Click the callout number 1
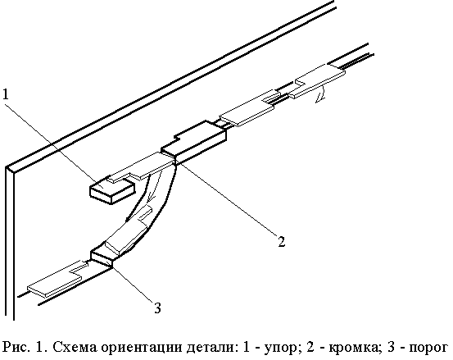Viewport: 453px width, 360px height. pyautogui.click(x=6, y=94)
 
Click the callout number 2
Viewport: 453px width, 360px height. pyautogui.click(x=282, y=241)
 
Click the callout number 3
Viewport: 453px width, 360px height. pyautogui.click(x=157, y=308)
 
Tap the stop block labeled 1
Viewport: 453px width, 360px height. pyautogui.click(x=112, y=189)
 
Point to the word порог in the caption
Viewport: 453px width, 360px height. pyautogui.click(x=428, y=348)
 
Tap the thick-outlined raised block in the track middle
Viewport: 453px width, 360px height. pyautogui.click(x=193, y=142)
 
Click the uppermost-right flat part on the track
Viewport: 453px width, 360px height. pyautogui.click(x=317, y=80)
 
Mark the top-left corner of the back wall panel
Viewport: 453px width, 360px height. pyautogui.click(x=6, y=167)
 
